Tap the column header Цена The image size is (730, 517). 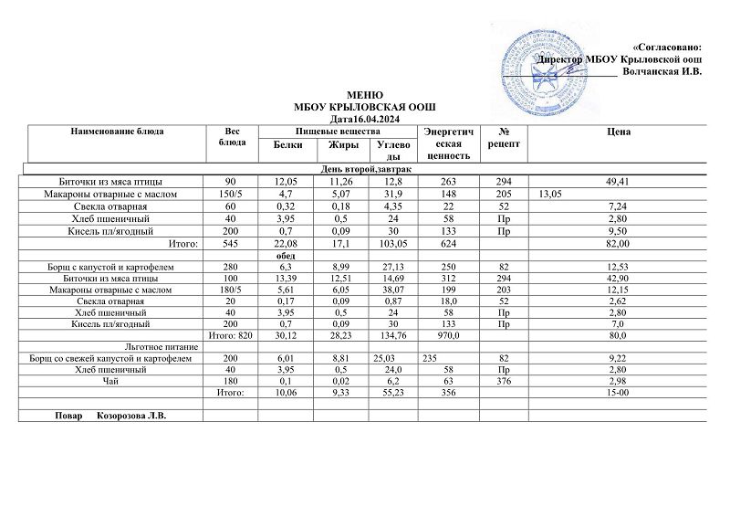(617, 132)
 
